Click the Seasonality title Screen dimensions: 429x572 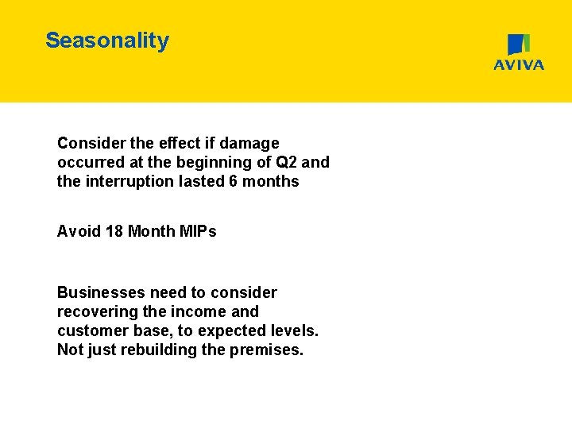pos(107,41)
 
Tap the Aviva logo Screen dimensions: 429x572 pos(519,52)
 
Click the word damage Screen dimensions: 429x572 pos(249,143)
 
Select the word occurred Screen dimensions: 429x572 pos(88,162)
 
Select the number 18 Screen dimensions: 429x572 pos(114,231)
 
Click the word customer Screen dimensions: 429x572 pos(90,330)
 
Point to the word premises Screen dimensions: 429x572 pos(266,350)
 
